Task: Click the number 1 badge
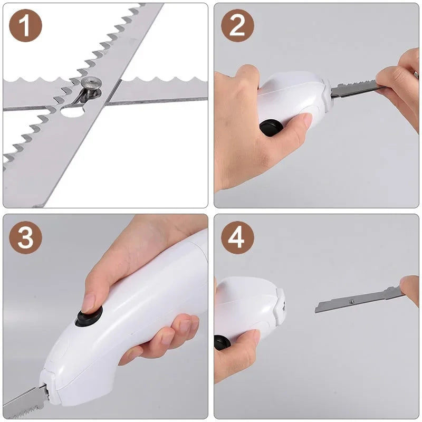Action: point(25,26)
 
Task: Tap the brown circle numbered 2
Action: point(237,26)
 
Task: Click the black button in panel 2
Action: point(271,128)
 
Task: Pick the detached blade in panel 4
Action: point(353,301)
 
